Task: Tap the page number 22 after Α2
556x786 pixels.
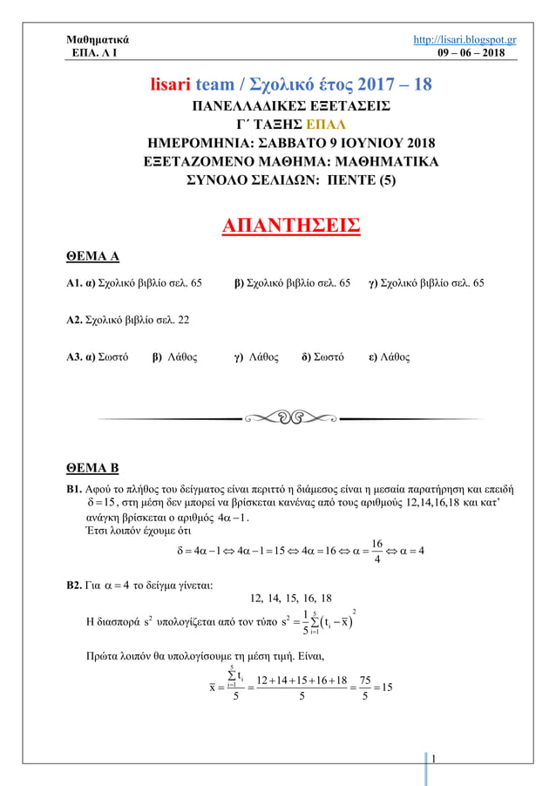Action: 183,320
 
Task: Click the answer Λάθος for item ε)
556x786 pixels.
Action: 395,357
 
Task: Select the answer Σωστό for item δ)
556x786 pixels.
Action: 327,357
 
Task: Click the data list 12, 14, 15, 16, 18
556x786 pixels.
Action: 291,598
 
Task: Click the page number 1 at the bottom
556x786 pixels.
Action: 434,766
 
